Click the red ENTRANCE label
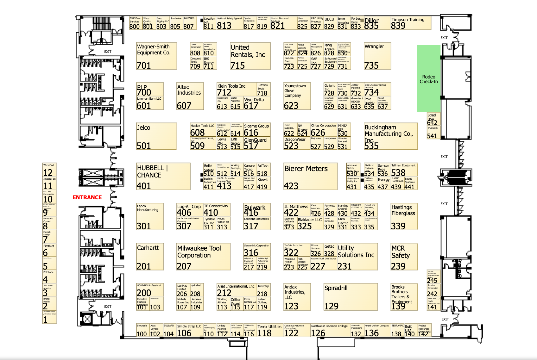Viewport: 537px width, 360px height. tap(87, 197)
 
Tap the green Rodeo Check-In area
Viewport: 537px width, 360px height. tap(429, 79)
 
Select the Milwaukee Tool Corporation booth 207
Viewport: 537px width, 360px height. tap(203, 257)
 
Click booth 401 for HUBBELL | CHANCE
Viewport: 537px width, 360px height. tap(163, 176)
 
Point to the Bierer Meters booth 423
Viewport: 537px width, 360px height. tap(310, 176)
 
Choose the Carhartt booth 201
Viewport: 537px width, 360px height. tap(150, 257)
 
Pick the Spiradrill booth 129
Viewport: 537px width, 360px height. tap(351, 297)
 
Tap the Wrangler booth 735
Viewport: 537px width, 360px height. tap(377, 56)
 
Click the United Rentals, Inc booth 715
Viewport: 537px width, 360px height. tap(250, 56)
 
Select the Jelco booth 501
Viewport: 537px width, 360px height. tap(156, 136)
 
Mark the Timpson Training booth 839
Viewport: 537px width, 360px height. tap(411, 23)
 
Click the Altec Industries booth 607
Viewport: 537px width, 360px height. tap(190, 96)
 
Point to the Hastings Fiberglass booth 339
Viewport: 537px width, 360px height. tap(404, 216)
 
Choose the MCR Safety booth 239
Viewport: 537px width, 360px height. tap(404, 257)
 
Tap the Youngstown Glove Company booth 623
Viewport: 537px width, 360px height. tap(297, 96)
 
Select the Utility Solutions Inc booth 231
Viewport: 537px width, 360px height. tap(357, 257)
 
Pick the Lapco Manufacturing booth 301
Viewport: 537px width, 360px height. tap(150, 216)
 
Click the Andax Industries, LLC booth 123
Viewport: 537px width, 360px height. tap(297, 297)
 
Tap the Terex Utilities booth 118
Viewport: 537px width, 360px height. tap(270, 330)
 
